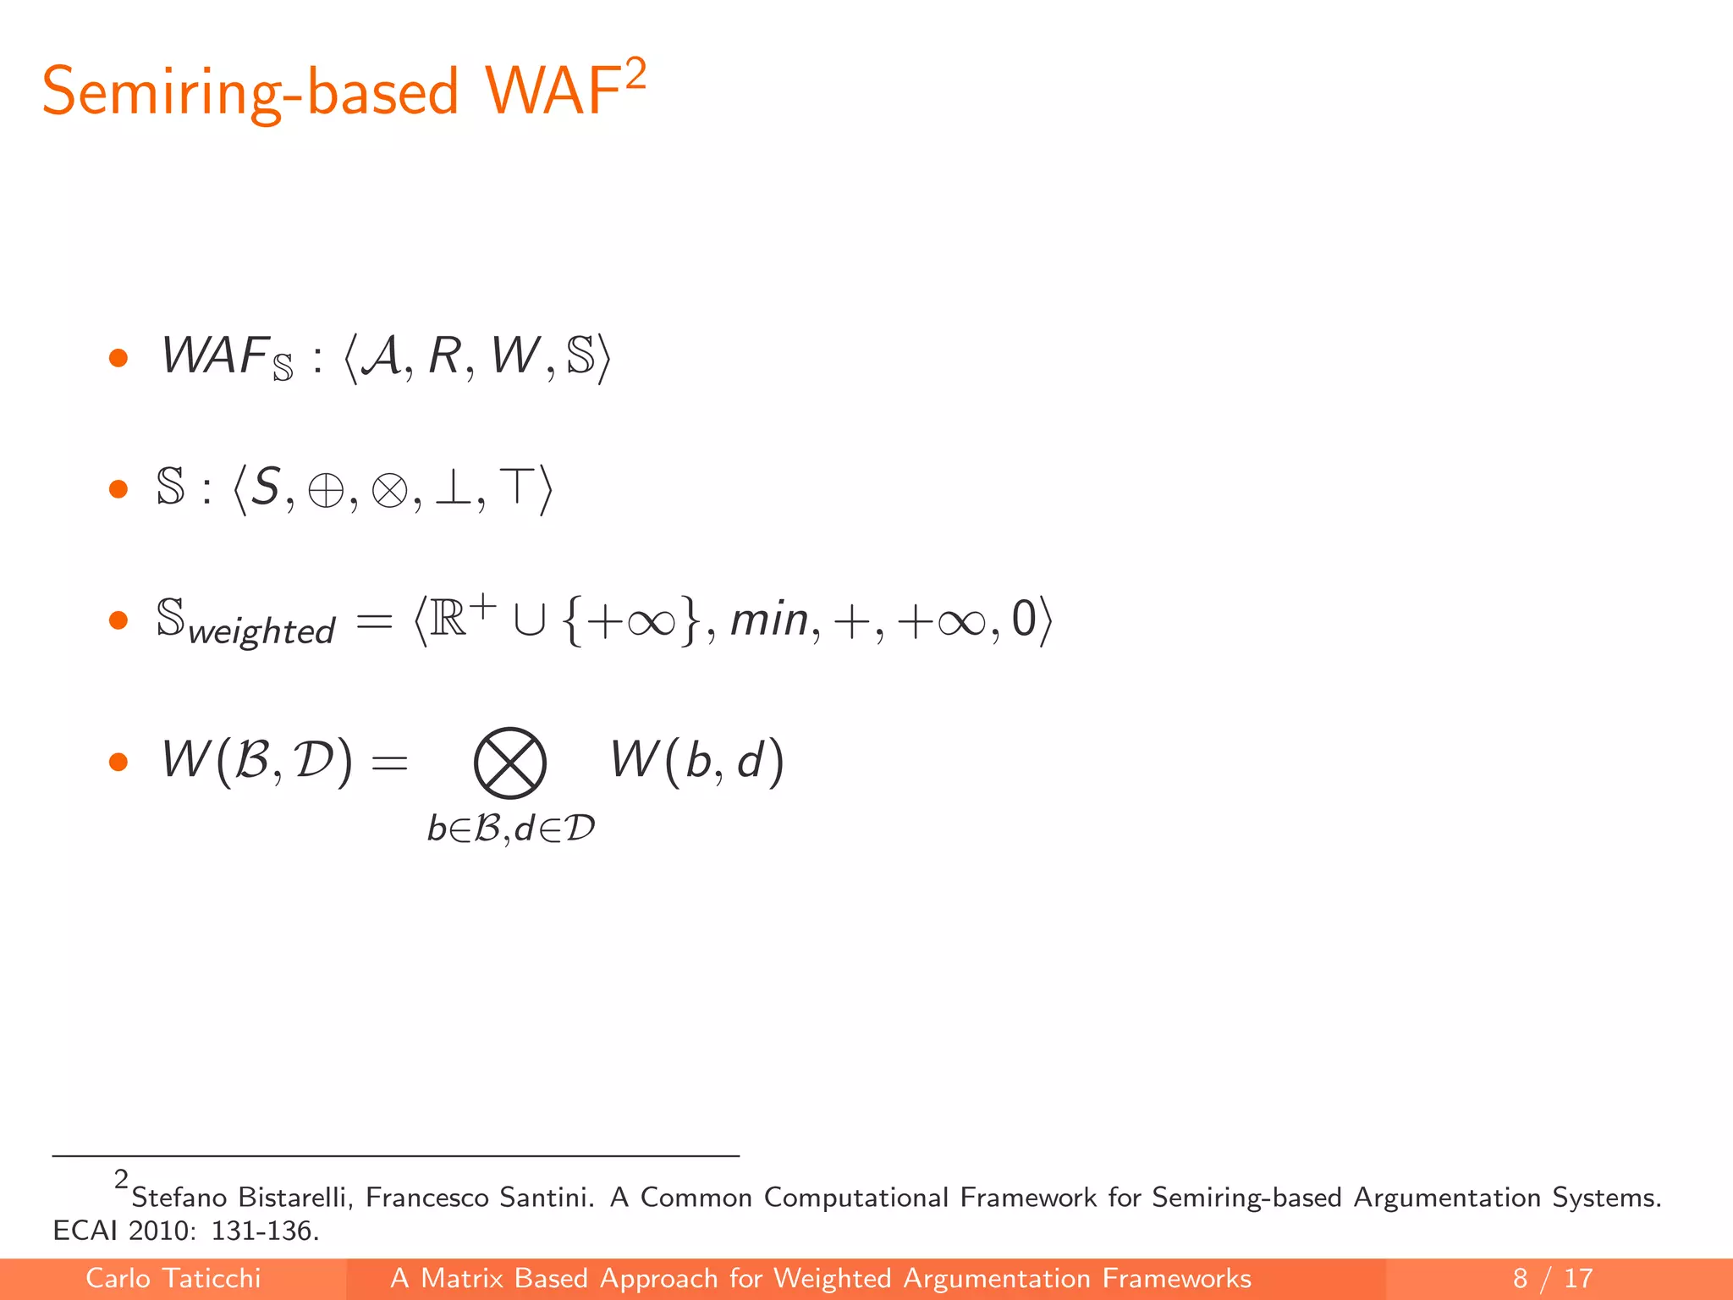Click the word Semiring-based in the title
(x=250, y=91)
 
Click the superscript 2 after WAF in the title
(x=635, y=74)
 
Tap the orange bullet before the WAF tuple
(x=118, y=358)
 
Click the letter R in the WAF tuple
(x=444, y=356)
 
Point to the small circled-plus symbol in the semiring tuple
(x=326, y=490)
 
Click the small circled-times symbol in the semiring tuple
(x=389, y=490)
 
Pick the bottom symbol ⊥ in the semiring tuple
(x=453, y=488)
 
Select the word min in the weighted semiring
(x=769, y=620)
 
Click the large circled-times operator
(x=509, y=763)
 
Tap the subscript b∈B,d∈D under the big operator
(x=511, y=829)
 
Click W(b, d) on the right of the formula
(x=697, y=760)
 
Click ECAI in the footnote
(x=86, y=1231)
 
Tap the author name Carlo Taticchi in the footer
(x=173, y=1278)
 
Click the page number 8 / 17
(x=1552, y=1278)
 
